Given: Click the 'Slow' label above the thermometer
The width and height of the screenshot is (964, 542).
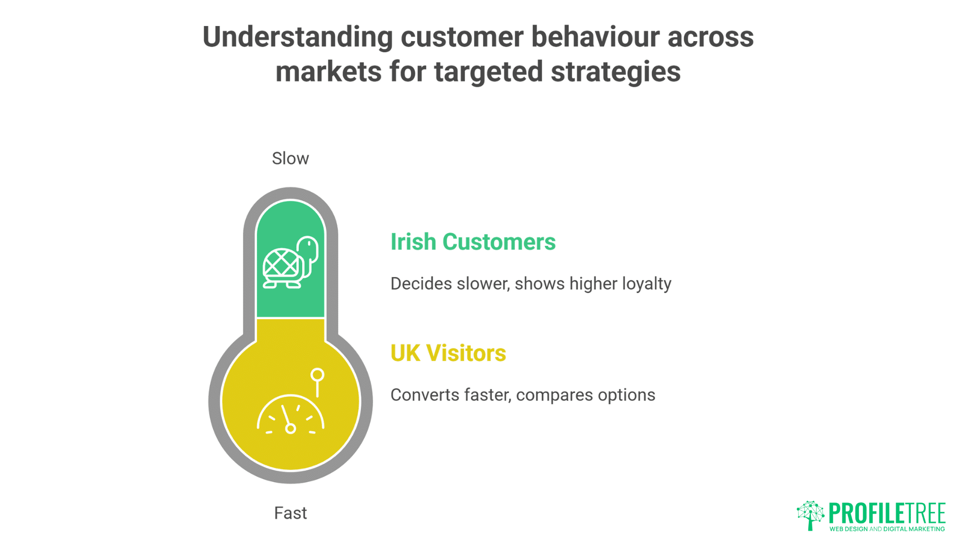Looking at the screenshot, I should pyautogui.click(x=290, y=159).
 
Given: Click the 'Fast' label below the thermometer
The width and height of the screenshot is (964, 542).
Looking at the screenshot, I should pyautogui.click(x=290, y=513).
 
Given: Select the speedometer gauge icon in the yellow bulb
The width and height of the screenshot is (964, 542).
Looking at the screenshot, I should pyautogui.click(x=290, y=416).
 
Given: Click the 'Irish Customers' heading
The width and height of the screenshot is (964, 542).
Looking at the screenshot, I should pyautogui.click(x=472, y=242).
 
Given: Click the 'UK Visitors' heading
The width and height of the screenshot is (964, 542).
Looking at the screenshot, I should pyautogui.click(x=448, y=353).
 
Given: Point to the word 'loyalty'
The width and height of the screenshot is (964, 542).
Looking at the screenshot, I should pyautogui.click(x=647, y=284).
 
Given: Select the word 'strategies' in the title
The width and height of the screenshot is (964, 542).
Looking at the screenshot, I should pyautogui.click(x=616, y=71).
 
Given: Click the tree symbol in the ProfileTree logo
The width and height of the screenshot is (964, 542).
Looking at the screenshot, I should pyautogui.click(x=810, y=515).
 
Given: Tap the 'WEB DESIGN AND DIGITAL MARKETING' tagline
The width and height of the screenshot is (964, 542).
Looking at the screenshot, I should pyautogui.click(x=887, y=529).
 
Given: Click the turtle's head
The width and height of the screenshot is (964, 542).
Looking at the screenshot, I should pyautogui.click(x=308, y=247).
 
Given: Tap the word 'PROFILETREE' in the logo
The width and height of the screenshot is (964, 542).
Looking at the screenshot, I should pyautogui.click(x=887, y=513).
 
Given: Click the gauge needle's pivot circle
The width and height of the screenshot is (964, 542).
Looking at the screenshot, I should pyautogui.click(x=290, y=428).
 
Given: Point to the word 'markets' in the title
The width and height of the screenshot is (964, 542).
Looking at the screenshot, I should pyautogui.click(x=328, y=71).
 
